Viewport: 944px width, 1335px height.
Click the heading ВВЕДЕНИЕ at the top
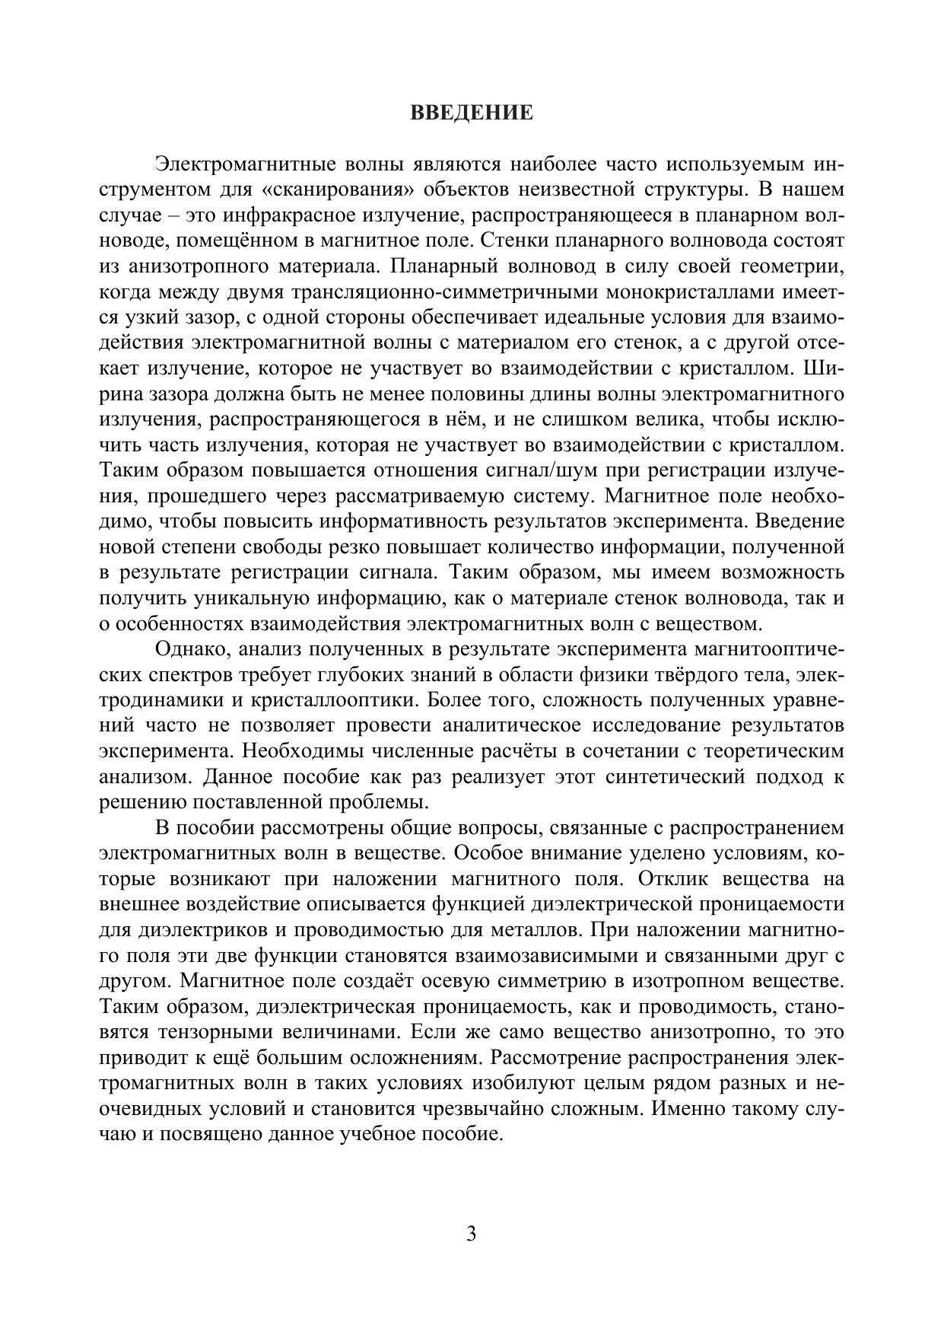[472, 113]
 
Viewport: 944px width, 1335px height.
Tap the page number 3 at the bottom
[472, 1234]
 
